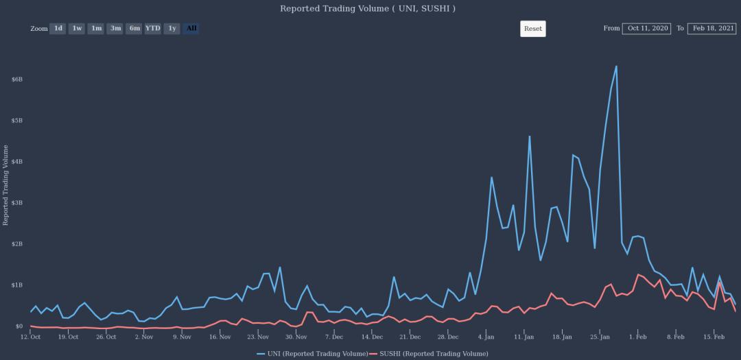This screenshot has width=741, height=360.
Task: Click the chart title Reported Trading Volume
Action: point(367,8)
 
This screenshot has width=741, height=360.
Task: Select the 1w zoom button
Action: point(78,28)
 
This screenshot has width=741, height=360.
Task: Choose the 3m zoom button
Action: point(116,28)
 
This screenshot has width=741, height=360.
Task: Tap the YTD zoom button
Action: point(153,28)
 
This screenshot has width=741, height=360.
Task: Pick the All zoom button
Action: point(191,28)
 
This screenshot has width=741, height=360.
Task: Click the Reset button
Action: point(532,29)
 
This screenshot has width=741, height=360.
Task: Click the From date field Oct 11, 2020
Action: point(646,28)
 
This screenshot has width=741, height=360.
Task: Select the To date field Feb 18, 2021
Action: point(713,28)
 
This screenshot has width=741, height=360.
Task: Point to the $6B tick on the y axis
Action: point(17,80)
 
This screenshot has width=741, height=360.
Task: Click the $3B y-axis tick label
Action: point(17,203)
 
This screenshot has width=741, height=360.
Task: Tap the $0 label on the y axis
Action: point(19,326)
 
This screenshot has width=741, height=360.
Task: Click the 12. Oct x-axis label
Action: point(31,337)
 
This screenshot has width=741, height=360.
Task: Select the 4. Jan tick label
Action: point(486,337)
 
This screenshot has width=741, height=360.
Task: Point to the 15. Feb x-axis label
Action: point(714,337)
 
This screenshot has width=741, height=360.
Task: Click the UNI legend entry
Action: point(312,353)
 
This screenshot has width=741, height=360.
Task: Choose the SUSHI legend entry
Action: point(429,353)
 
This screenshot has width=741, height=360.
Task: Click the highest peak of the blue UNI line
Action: point(616,67)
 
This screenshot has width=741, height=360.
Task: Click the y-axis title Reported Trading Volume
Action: point(5,185)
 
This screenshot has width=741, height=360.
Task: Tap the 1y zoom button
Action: point(172,28)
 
